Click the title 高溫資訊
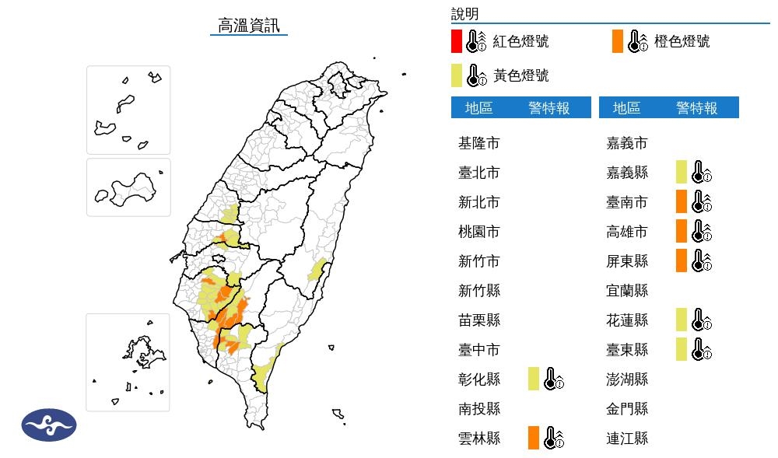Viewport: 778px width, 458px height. tap(249, 25)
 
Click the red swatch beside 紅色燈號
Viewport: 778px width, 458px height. tap(457, 41)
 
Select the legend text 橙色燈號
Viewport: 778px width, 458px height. tap(682, 41)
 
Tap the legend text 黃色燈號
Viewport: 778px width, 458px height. tap(520, 75)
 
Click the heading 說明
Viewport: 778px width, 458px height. tap(464, 13)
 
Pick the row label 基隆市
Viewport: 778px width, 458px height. tap(478, 143)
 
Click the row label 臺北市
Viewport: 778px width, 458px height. tap(478, 173)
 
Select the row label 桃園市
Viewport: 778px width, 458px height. tap(478, 232)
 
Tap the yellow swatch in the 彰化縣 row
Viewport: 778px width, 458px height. tap(533, 379)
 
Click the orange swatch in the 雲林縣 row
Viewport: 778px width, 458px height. tap(533, 438)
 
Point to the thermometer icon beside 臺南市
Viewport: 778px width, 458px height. tap(701, 201)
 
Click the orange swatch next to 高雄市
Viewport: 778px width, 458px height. tap(681, 231)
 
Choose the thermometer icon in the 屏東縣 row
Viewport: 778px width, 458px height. tap(701, 260)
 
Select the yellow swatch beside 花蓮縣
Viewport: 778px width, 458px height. tap(681, 320)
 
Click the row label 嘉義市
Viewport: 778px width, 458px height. tap(626, 143)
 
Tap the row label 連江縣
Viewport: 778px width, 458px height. tap(626, 438)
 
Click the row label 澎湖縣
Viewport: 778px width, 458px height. tap(626, 379)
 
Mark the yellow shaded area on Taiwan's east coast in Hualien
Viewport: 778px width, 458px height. tap(316, 271)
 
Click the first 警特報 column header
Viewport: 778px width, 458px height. tap(548, 108)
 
